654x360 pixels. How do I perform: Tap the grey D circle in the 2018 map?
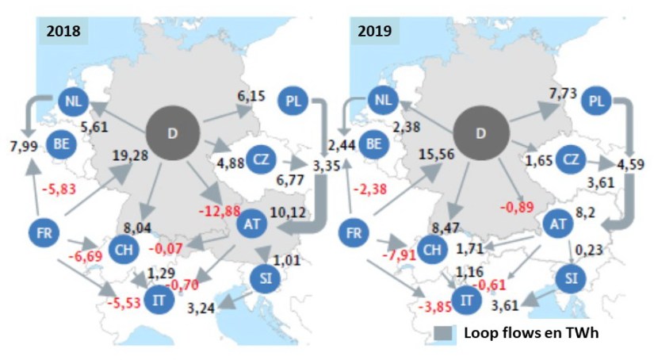click(173, 132)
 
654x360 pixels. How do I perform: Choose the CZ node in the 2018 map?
click(261, 159)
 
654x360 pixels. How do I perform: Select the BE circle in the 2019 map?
click(376, 144)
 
